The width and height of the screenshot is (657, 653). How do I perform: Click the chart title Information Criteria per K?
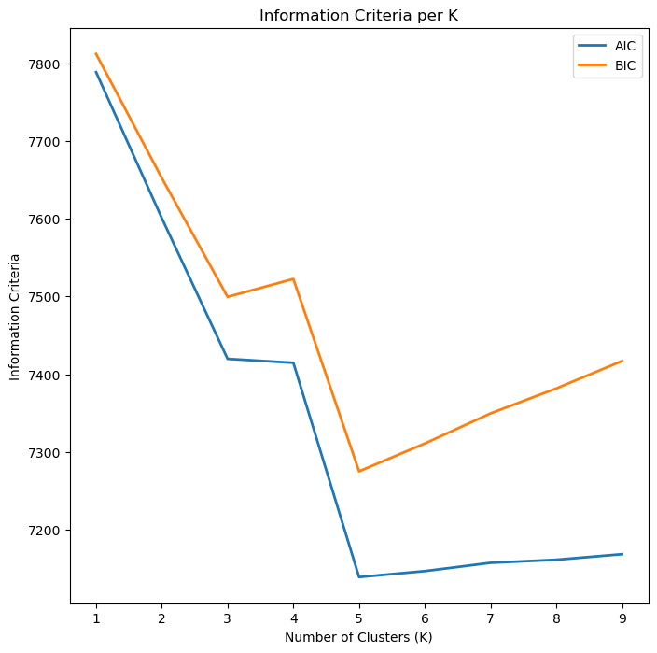pos(359,15)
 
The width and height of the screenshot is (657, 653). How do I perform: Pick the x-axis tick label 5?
pos(359,618)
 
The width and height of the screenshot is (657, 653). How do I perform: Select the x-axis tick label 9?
pos(622,618)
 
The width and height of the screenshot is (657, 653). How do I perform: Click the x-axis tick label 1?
pos(96,618)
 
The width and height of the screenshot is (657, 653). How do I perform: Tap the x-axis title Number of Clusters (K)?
pos(359,637)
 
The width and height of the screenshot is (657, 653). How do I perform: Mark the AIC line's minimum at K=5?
pos(359,576)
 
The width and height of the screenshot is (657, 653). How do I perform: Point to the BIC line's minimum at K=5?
pos(359,471)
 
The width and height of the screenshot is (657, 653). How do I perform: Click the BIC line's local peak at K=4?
pos(293,278)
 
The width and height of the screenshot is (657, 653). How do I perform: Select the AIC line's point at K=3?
pos(228,359)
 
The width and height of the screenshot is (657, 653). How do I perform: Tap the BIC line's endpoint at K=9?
pos(622,361)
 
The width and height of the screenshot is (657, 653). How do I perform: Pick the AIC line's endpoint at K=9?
pos(622,554)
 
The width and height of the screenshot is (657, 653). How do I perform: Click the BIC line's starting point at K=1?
pos(96,53)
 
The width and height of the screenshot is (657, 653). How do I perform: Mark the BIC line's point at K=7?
pos(491,413)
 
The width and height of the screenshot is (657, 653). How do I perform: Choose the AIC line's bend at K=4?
pos(293,362)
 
